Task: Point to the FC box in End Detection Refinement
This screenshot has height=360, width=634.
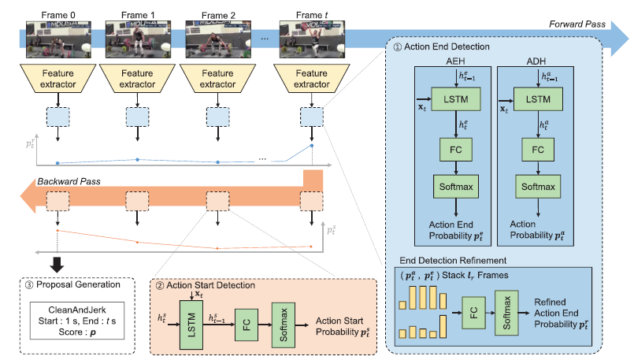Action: (474, 310)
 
